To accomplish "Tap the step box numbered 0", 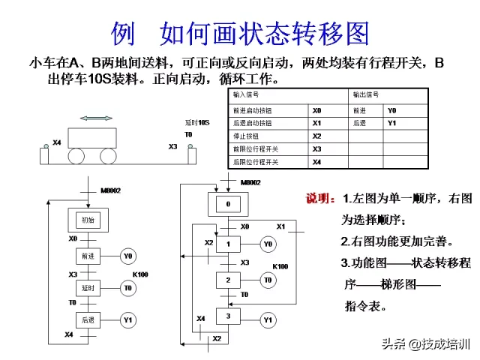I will (228, 204).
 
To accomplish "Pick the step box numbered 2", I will (228, 280).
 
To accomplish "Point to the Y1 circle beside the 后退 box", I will (128, 320).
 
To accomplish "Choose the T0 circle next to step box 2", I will (268, 280).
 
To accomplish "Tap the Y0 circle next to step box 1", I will (268, 244).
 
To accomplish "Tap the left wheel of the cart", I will (78, 155).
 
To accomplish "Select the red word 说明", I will (321, 199).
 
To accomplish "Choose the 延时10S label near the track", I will (196, 122).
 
